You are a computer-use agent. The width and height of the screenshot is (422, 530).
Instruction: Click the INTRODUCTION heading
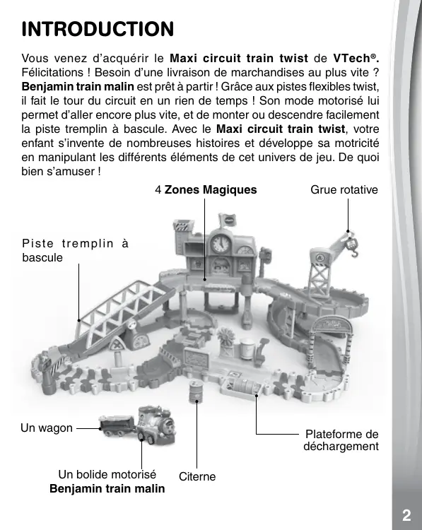(98, 29)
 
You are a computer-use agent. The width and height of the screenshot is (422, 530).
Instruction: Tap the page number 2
(406, 515)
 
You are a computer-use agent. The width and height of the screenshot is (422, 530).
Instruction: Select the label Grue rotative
(344, 189)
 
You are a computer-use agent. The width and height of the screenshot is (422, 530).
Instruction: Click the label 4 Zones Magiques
(206, 189)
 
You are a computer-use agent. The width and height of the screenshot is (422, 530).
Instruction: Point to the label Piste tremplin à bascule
(76, 250)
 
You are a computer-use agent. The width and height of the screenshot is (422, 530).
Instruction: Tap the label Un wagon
(47, 428)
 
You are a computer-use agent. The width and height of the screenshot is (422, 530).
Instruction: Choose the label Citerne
(197, 476)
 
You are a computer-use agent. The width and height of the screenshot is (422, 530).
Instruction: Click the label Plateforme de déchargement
(341, 440)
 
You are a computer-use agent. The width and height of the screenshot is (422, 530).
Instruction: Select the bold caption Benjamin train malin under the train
(107, 488)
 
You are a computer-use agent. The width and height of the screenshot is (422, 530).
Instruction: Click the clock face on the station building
(221, 243)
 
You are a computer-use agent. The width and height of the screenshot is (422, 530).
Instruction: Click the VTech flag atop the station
(227, 220)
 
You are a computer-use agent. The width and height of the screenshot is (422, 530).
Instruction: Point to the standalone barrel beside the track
(196, 391)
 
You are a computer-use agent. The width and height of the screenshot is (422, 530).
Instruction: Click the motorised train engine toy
(156, 425)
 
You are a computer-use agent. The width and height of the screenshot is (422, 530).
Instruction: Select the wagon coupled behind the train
(117, 425)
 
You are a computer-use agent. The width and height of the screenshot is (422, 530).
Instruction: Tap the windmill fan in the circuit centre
(225, 336)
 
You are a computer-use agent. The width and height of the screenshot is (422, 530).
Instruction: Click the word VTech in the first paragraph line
(352, 59)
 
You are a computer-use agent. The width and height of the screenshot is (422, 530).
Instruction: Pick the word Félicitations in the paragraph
(52, 72)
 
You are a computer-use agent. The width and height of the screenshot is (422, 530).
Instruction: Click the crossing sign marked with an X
(117, 346)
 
